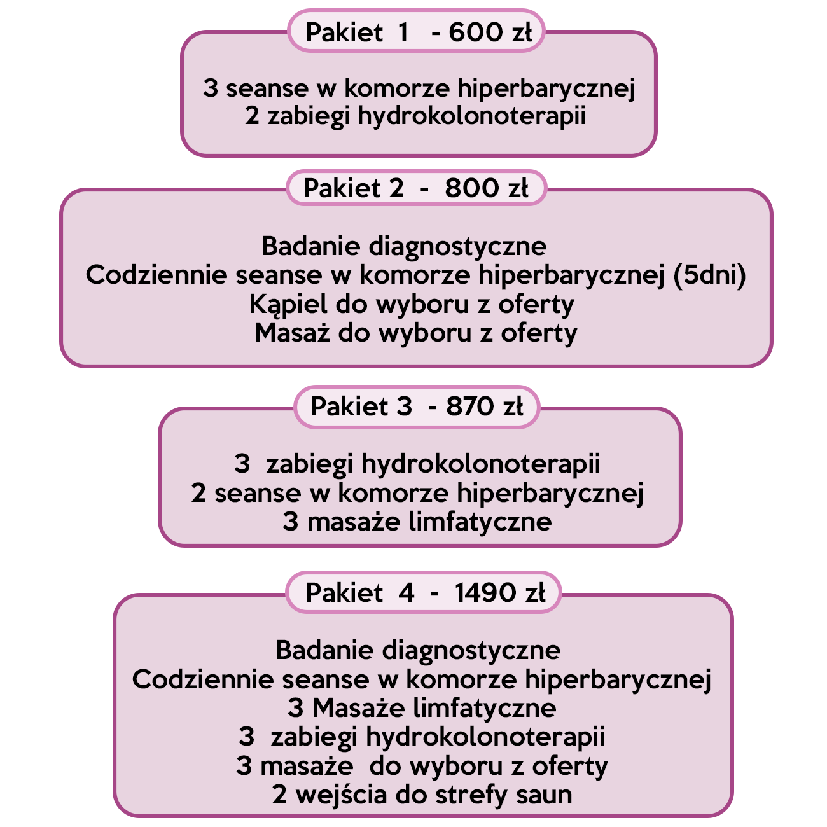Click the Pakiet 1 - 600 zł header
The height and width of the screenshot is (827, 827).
click(417, 31)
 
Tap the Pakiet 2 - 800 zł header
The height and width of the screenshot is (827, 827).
click(417, 188)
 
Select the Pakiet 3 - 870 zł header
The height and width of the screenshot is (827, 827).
click(417, 406)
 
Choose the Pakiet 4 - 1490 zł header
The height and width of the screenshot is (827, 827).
click(424, 593)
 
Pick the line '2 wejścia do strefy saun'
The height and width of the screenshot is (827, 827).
click(422, 795)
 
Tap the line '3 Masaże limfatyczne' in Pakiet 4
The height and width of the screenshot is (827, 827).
click(422, 708)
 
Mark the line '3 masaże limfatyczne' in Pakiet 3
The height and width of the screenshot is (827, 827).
click(417, 522)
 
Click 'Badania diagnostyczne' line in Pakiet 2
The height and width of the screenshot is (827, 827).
click(404, 246)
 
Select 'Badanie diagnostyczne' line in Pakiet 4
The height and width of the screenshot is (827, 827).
click(418, 650)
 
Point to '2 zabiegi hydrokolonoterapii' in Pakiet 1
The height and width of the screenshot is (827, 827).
click(415, 116)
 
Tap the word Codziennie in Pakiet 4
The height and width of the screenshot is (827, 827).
click(203, 679)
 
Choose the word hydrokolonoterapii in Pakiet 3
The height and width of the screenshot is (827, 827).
click(481, 464)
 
